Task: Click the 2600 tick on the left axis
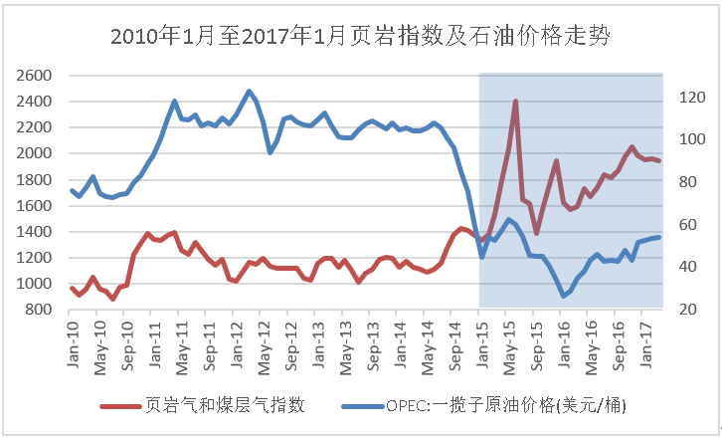[36, 75]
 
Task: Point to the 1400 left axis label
[36, 232]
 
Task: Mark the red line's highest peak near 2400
[515, 101]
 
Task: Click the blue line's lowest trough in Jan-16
[563, 296]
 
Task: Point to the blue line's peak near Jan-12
[249, 91]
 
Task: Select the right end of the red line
[658, 160]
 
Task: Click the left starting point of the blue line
[72, 190]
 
